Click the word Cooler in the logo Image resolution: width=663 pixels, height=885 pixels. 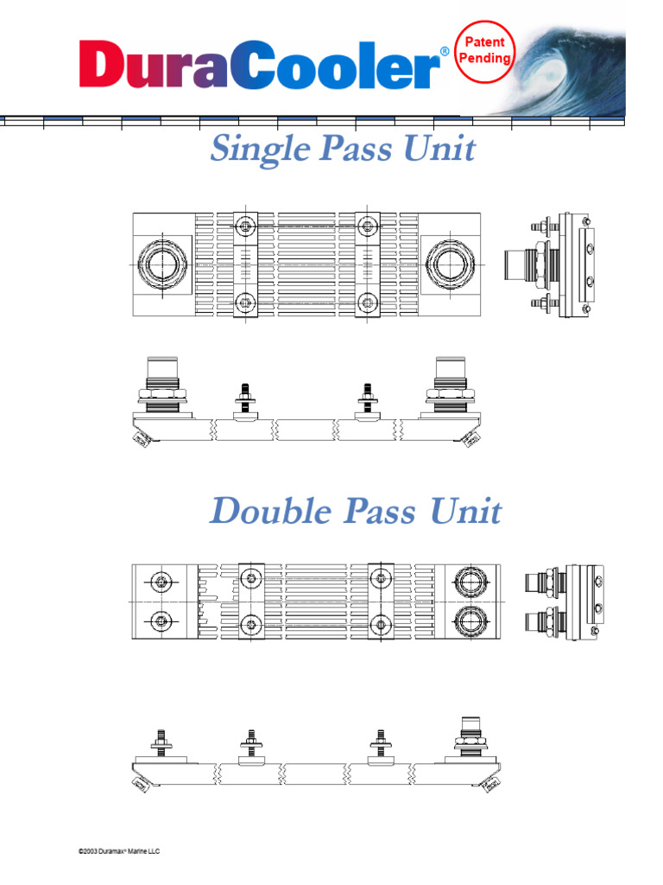pyautogui.click(x=337, y=66)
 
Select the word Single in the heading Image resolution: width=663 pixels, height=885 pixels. pyautogui.click(x=260, y=150)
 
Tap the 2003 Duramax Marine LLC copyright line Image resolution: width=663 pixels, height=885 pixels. pyautogui.click(x=119, y=851)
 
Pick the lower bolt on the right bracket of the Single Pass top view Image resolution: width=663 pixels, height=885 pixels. pyautogui.click(x=369, y=302)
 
